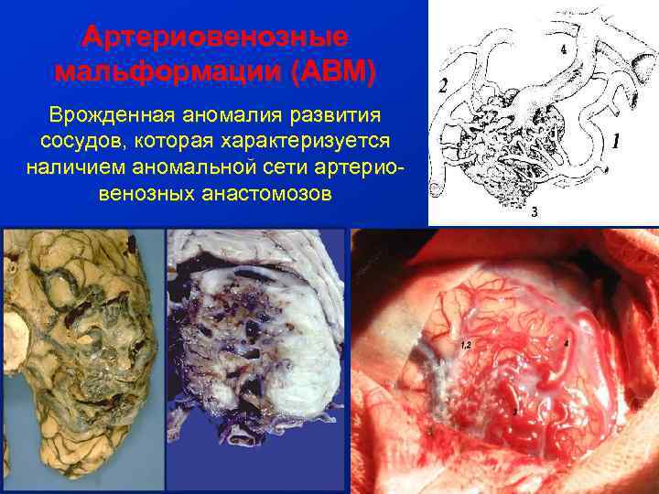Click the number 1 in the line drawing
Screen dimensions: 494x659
[x=615, y=142]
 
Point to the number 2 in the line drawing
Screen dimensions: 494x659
[x=443, y=87]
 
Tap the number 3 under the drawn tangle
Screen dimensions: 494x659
[x=535, y=211]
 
